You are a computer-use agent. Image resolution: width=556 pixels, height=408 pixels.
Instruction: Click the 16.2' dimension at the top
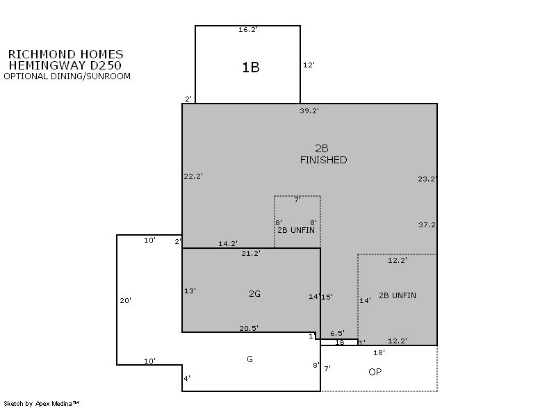(247, 30)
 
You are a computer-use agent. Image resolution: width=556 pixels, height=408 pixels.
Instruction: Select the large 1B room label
(251, 67)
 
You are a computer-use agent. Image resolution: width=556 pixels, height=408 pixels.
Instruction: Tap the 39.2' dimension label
(309, 111)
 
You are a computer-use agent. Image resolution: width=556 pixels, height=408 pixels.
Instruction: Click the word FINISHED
(323, 161)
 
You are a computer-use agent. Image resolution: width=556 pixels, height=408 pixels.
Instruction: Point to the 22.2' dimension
(193, 176)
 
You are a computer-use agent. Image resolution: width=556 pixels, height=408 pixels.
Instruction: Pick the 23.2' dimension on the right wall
(427, 179)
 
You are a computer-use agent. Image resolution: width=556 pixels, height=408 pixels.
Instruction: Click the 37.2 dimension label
(427, 225)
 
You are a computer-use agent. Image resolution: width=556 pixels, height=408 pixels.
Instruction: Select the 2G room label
(254, 294)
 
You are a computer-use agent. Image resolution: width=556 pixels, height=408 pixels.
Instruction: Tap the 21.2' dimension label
(251, 254)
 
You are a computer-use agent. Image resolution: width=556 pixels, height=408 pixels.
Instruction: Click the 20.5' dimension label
(249, 329)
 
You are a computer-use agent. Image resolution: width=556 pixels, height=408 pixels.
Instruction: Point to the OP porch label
(375, 372)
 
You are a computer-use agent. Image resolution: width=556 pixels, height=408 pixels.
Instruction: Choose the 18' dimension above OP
(379, 352)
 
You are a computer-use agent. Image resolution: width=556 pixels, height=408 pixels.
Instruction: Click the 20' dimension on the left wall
(126, 300)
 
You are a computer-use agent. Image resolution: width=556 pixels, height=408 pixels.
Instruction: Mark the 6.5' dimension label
(337, 333)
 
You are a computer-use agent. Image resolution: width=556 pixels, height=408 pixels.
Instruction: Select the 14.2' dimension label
(228, 243)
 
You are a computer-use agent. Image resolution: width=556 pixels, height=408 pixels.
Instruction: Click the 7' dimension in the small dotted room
(297, 200)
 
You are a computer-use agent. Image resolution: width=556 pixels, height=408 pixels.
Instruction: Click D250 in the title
(106, 65)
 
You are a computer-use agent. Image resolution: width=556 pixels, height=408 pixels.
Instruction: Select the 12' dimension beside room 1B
(309, 65)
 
